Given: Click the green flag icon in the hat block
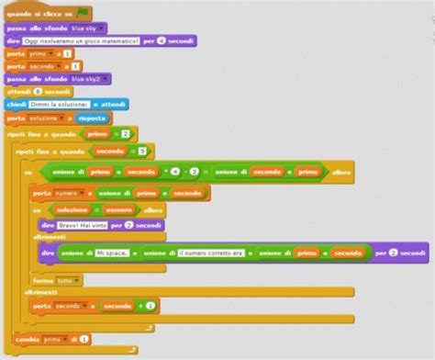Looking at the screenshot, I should (x=83, y=14).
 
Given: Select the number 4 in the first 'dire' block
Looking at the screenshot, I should (x=161, y=40).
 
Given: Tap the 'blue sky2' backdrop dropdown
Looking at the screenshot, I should (x=91, y=79).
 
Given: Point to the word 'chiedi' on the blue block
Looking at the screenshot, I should (x=17, y=105).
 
